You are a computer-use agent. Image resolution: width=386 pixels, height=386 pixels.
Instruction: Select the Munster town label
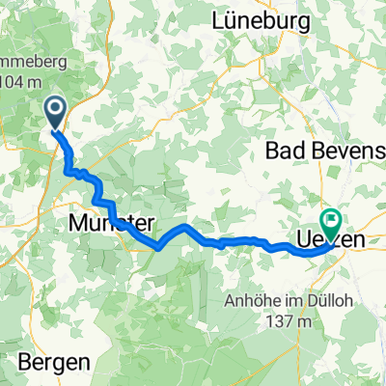coord(114,224)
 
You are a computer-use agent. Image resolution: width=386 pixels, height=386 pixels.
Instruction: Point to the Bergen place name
coord(56,364)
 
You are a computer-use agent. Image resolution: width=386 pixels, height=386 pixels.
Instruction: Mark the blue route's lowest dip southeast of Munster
coord(157,247)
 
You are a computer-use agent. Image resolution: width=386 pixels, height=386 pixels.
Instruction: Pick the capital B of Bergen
coord(26,364)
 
